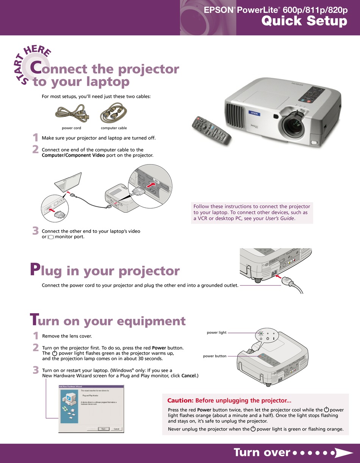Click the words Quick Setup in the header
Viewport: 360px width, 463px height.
click(304, 21)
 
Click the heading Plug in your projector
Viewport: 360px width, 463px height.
click(105, 271)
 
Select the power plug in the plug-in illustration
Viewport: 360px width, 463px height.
click(291, 283)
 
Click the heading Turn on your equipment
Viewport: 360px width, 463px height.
click(108, 321)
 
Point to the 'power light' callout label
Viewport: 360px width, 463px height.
click(216, 333)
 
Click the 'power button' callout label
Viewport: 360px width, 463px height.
click(214, 356)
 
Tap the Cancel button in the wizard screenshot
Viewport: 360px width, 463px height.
click(117, 429)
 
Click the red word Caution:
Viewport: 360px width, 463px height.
click(180, 400)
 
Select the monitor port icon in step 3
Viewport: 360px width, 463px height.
click(51, 237)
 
